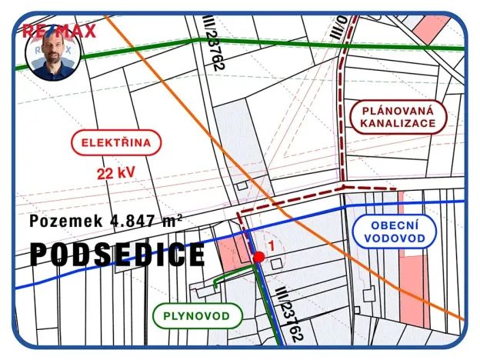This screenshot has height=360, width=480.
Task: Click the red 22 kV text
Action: (115, 173)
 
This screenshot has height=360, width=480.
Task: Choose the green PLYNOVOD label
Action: (197, 315)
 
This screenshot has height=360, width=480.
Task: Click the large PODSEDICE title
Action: (118, 255)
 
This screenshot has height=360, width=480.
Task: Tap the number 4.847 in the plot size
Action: (135, 222)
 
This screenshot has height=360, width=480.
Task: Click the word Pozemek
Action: (66, 222)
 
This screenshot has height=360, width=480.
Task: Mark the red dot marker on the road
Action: (258, 258)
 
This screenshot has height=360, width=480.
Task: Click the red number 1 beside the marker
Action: (271, 245)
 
